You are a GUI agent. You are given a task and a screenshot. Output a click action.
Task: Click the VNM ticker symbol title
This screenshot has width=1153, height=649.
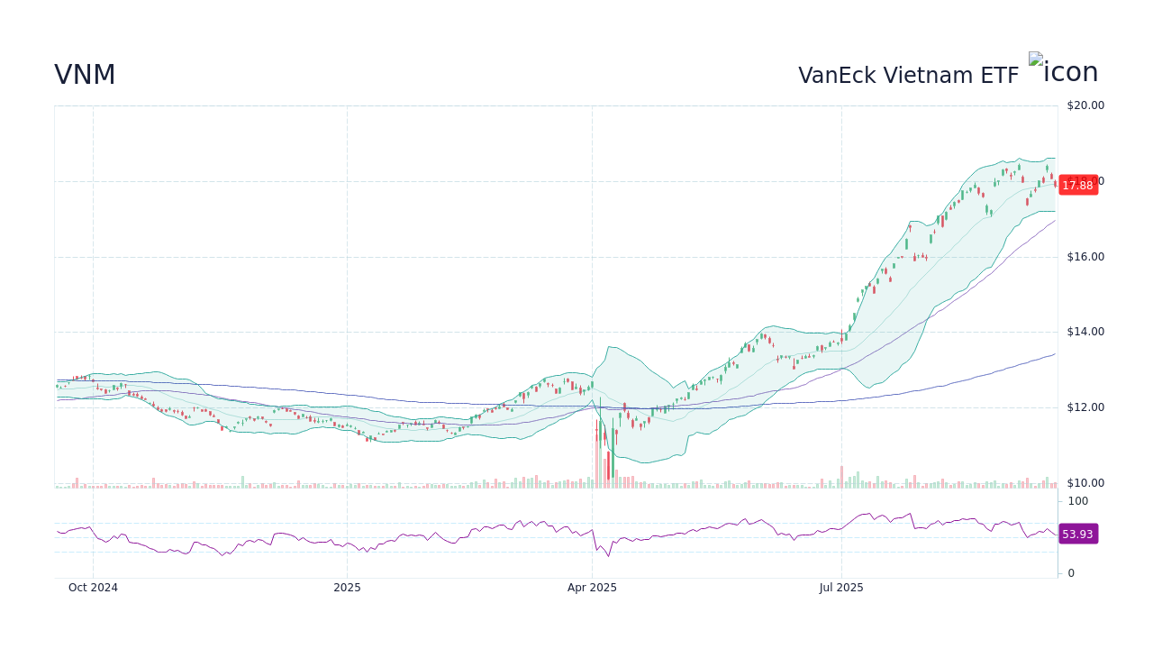pyautogui.click(x=85, y=76)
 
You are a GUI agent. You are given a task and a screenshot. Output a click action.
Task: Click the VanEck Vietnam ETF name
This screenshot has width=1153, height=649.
pyautogui.click(x=908, y=76)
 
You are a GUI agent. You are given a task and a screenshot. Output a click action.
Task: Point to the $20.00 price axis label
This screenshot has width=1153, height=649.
pyautogui.click(x=1085, y=105)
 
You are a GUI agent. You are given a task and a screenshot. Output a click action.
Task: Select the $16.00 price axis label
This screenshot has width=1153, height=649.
pyautogui.click(x=1085, y=257)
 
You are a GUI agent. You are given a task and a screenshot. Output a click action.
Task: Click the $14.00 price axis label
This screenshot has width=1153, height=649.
pyautogui.click(x=1085, y=332)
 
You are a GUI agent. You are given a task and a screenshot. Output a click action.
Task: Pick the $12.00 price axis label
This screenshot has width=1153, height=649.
pyautogui.click(x=1085, y=407)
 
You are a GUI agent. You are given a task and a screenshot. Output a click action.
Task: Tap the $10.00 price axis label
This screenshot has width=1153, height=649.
pyautogui.click(x=1085, y=483)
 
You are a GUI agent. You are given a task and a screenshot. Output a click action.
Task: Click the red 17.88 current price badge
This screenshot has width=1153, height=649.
pyautogui.click(x=1077, y=186)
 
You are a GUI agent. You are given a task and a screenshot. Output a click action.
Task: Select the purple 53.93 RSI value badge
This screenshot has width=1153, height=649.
pyautogui.click(x=1077, y=535)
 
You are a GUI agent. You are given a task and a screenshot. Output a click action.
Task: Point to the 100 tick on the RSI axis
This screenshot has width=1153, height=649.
pyautogui.click(x=1078, y=501)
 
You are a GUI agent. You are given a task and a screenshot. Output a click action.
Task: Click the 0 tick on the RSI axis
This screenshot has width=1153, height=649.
pyautogui.click(x=1071, y=573)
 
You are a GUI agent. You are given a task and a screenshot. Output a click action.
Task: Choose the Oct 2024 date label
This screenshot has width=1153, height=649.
pyautogui.click(x=93, y=588)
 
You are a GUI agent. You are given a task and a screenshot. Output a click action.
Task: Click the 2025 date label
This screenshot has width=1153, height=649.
pyautogui.click(x=347, y=588)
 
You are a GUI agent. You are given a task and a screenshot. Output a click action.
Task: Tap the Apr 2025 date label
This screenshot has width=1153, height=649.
pyautogui.click(x=592, y=588)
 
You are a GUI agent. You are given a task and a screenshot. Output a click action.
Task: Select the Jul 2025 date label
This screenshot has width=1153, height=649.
pyautogui.click(x=841, y=588)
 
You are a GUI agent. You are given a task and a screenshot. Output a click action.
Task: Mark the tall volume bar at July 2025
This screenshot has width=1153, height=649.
pyautogui.click(x=841, y=477)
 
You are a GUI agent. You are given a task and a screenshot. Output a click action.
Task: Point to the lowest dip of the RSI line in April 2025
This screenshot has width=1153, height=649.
pyautogui.click(x=608, y=556)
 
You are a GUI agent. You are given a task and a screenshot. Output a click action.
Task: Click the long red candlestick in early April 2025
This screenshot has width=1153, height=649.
pyautogui.click(x=609, y=463)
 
